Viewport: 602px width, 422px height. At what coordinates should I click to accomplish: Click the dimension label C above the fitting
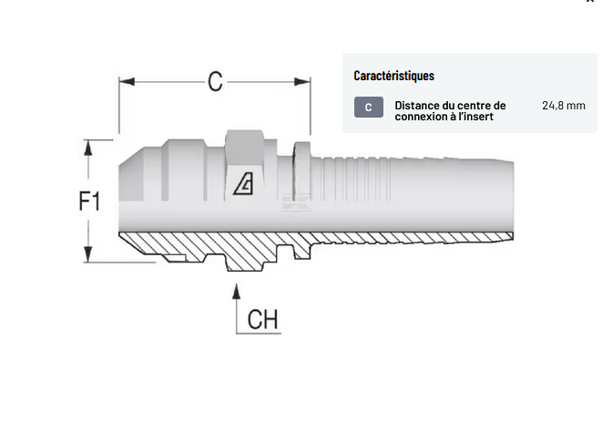[x=215, y=81]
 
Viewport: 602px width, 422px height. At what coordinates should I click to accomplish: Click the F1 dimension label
[x=89, y=201]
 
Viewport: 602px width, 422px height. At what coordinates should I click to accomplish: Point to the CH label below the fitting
[x=262, y=320]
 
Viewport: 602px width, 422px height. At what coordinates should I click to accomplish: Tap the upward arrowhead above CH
[x=237, y=292]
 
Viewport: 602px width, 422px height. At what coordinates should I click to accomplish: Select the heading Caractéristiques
[x=393, y=76]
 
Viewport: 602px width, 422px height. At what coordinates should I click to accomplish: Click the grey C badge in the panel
[x=369, y=108]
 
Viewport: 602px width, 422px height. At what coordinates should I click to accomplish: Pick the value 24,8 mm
[x=563, y=106]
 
